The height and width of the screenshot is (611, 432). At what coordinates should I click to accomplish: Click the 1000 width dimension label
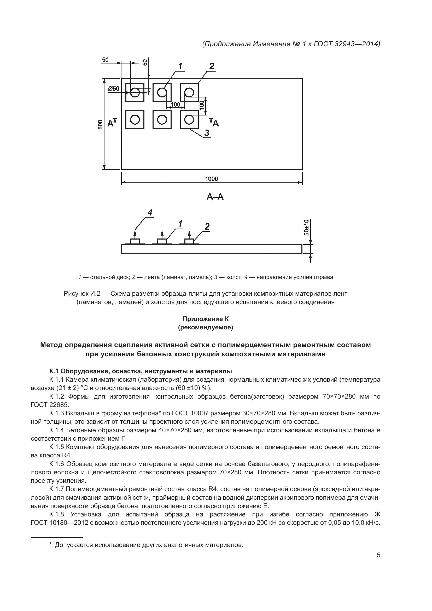tap(211, 179)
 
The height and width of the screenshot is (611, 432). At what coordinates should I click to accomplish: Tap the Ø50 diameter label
tap(114, 89)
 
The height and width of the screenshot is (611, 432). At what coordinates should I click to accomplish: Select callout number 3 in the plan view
tap(207, 132)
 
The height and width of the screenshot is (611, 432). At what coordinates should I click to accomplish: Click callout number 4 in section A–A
tap(150, 212)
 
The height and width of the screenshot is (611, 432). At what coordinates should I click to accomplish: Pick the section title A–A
tap(215, 197)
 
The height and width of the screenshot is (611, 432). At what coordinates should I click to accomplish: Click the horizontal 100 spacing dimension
tap(175, 104)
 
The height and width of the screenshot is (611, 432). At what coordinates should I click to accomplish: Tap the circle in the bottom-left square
tap(135, 120)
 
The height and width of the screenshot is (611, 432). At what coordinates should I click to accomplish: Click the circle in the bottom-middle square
tap(162, 120)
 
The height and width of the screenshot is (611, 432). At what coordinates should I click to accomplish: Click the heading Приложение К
tap(205, 319)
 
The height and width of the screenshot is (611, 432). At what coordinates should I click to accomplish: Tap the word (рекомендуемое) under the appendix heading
tap(205, 327)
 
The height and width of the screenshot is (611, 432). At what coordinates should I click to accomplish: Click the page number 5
tap(378, 555)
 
